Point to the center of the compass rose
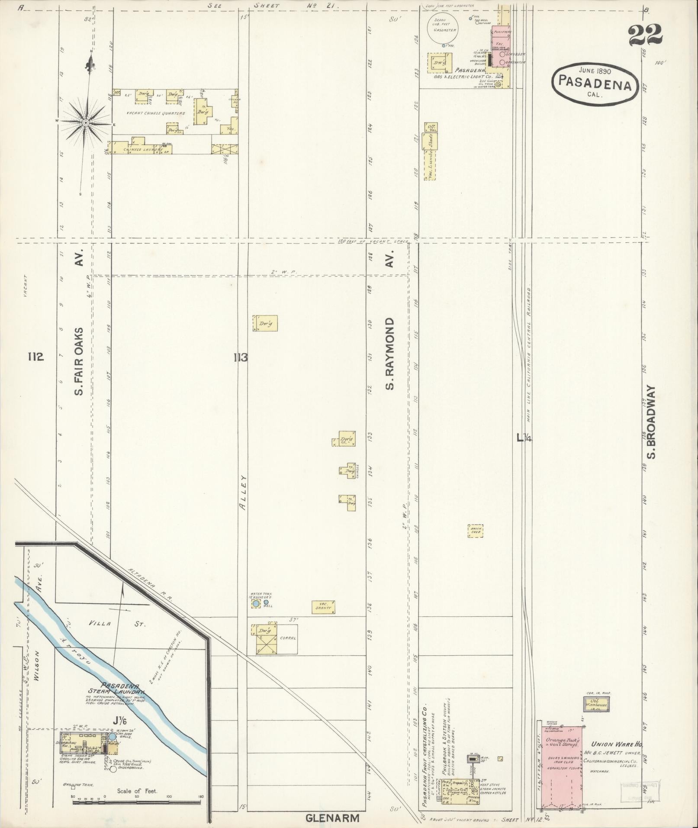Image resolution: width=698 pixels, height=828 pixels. tap(86, 123)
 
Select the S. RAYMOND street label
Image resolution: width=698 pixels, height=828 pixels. tap(390, 354)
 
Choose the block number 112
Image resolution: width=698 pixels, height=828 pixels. tap(35, 357)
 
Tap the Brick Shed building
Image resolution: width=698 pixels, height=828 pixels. tap(475, 531)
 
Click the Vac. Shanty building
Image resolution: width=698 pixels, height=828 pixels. tap(323, 607)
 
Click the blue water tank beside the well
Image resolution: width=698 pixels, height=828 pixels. tap(256, 603)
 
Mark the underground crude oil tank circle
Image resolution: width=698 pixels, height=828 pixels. tap(113, 769)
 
